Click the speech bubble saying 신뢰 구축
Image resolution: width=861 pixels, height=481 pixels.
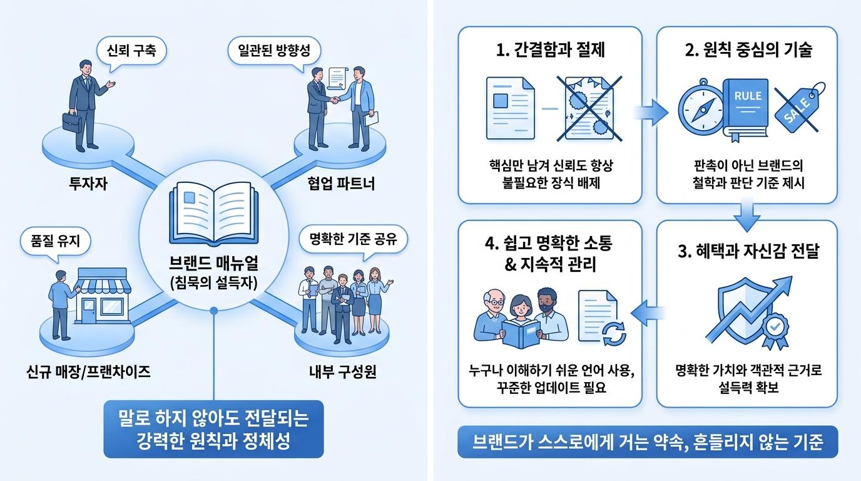[x=131, y=51]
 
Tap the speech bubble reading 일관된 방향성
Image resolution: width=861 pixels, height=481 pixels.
[x=274, y=51]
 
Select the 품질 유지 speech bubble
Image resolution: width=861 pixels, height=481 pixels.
[x=55, y=242]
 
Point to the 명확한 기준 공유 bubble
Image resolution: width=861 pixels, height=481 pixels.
[x=353, y=240]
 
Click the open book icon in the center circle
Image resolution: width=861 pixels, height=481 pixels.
[x=214, y=214]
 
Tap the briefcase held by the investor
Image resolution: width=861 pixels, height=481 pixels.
[x=72, y=122]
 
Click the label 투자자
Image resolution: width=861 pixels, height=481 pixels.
[x=88, y=184]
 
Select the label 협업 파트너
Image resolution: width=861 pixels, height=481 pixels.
[x=341, y=184]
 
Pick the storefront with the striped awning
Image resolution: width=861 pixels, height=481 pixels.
[x=103, y=296]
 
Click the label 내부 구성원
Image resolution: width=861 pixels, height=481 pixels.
[x=342, y=372]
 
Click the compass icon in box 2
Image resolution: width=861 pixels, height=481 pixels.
[x=701, y=109]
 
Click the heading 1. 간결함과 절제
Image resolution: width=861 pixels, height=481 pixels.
[x=551, y=50]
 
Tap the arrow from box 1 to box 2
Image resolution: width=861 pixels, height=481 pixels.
[x=651, y=112]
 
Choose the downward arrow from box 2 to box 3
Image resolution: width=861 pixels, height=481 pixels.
[x=747, y=215]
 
